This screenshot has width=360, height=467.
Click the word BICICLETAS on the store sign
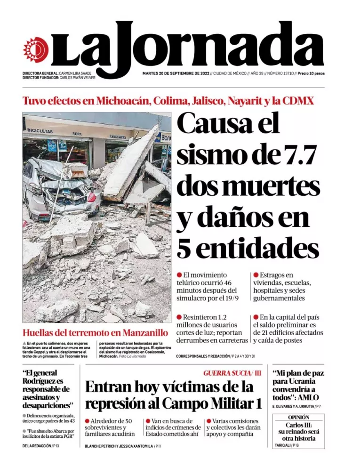[x=40, y=130]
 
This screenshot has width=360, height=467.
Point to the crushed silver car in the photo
[x=59, y=186]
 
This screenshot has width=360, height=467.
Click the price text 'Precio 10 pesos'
[x=311, y=73]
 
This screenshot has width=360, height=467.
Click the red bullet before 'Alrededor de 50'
[x=88, y=421]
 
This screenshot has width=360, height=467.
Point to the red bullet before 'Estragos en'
[x=256, y=274]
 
